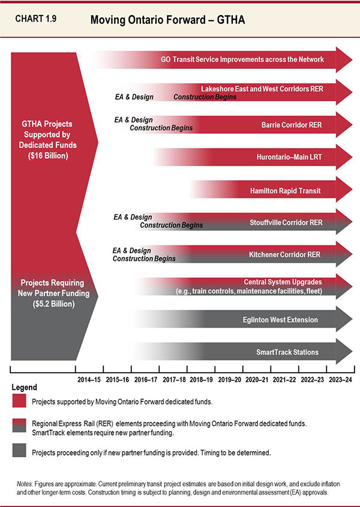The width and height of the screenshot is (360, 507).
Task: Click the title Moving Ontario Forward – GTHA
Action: [168, 20]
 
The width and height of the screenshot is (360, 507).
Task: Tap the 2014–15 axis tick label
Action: [89, 379]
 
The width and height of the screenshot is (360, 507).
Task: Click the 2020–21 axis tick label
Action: [257, 379]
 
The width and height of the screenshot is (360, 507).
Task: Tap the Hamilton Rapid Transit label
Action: [285, 191]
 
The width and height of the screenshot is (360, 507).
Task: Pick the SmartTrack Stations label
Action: [287, 352]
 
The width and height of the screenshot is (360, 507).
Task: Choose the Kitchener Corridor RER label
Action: [284, 255]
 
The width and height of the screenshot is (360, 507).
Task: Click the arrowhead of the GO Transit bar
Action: [344, 60]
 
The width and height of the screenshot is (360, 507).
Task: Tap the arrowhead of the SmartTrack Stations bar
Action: [344, 352]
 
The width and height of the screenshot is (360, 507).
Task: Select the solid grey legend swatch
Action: [20, 453]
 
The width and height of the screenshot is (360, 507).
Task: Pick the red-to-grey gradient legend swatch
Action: [20, 427]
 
